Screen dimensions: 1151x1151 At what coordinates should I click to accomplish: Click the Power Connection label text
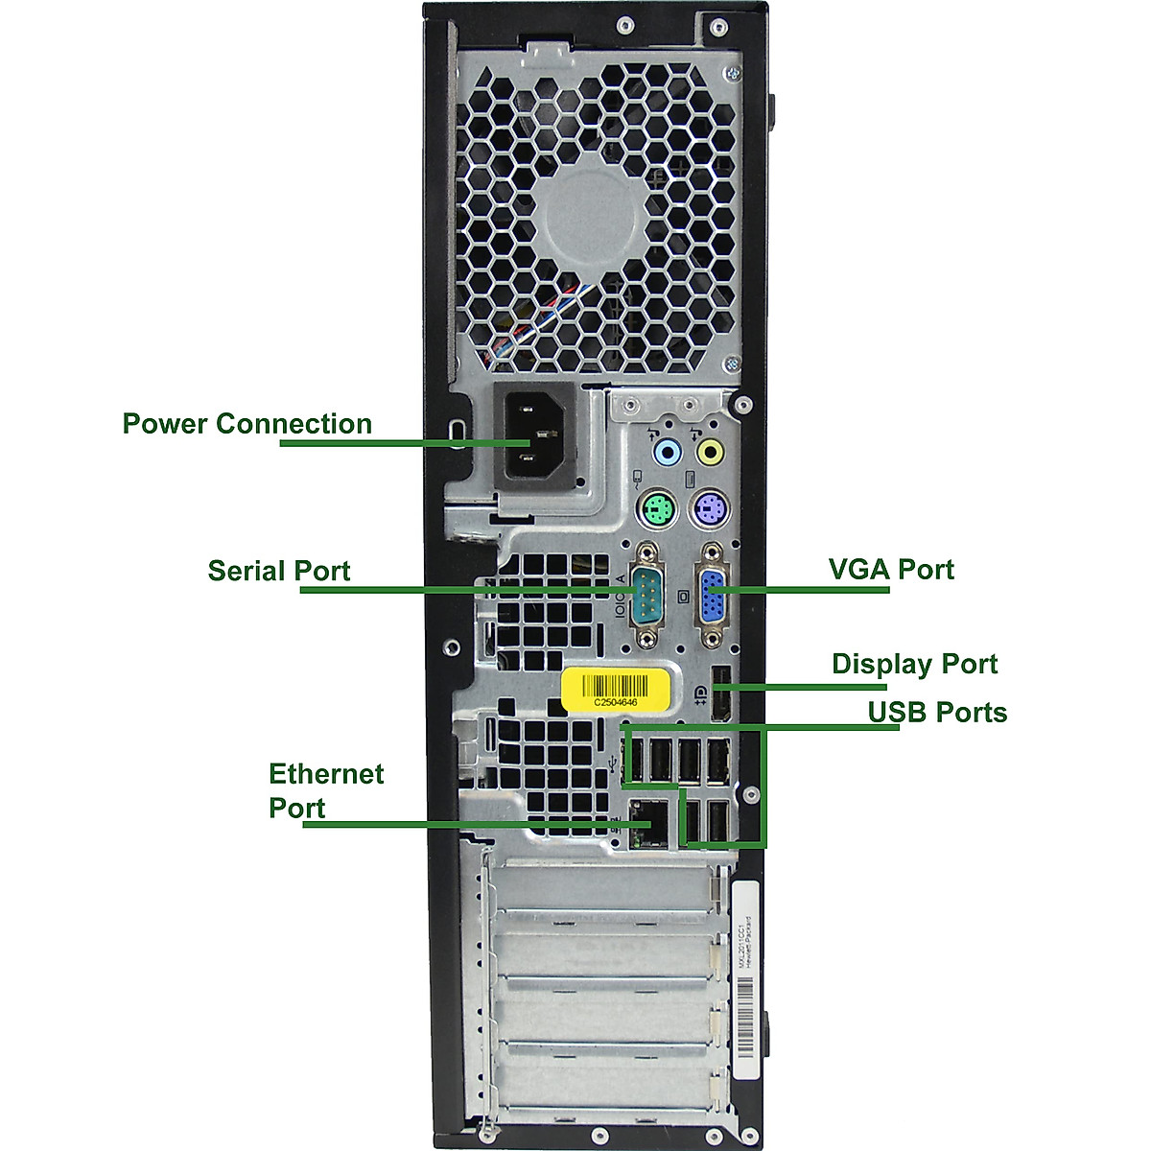tap(247, 424)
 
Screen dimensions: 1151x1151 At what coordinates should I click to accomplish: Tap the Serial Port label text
tap(279, 571)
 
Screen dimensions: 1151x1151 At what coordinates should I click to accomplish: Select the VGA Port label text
tap(891, 569)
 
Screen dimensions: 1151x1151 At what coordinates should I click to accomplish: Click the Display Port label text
tap(914, 664)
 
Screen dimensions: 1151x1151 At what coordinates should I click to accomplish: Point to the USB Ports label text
tap(937, 713)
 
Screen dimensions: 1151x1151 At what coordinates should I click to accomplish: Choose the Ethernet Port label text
tap(325, 790)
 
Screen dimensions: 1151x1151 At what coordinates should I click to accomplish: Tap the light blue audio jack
tap(665, 451)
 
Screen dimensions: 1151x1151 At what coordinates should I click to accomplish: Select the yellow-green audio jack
tap(710, 451)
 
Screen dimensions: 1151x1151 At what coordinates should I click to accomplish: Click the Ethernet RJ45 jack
tap(649, 823)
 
